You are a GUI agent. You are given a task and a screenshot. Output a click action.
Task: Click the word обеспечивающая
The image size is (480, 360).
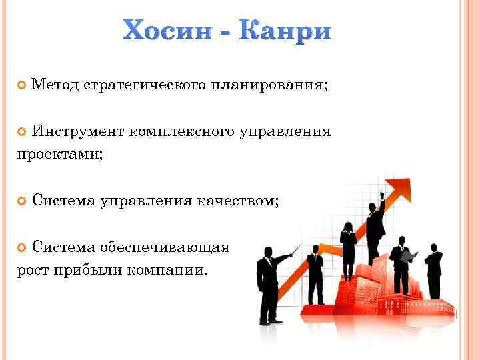[165, 247]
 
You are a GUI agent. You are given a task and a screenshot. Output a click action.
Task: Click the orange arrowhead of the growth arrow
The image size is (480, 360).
[397, 188]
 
